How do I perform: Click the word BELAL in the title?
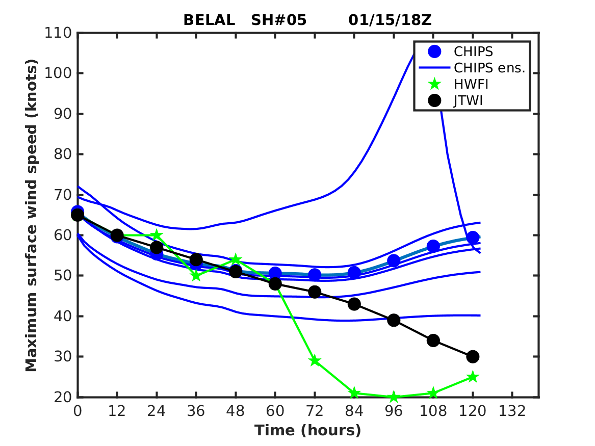tap(209, 20)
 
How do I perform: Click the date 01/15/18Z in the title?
tap(390, 20)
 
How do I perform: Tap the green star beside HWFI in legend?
tap(434, 84)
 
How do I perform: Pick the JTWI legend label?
tap(468, 101)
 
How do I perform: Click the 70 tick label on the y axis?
tap(63, 195)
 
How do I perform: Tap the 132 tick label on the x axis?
tap(512, 411)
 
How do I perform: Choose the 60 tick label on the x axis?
tap(275, 411)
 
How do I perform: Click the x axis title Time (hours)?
tap(308, 431)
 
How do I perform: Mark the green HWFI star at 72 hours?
tap(315, 361)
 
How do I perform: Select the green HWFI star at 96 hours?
tap(394, 397)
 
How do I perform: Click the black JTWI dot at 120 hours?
tap(473, 356)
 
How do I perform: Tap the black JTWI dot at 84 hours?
tap(354, 304)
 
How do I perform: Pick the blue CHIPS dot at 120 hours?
tap(473, 237)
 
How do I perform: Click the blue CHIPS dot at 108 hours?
tap(433, 246)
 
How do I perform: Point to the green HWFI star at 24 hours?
tap(157, 235)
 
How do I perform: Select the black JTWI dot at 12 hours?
tap(117, 235)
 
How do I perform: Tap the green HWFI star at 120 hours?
tap(473, 377)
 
